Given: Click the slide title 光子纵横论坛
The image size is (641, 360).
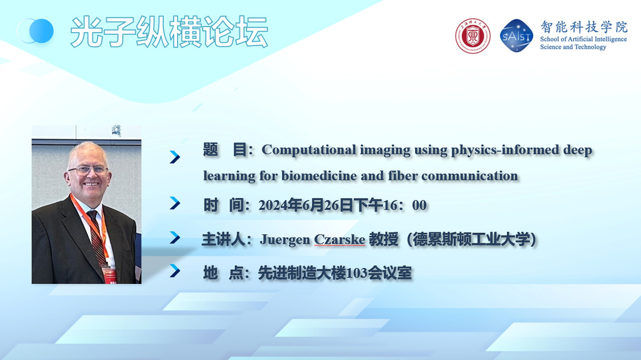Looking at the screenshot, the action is (x=169, y=32).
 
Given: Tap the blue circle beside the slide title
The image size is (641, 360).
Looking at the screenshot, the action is (x=41, y=31).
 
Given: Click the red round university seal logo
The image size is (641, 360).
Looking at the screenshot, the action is (x=473, y=36).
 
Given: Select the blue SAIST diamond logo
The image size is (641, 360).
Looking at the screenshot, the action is (x=517, y=35).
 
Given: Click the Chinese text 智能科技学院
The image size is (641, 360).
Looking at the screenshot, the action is (x=584, y=27).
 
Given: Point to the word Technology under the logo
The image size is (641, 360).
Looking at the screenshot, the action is (x=590, y=47).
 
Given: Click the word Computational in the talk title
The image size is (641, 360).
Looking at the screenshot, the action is (x=309, y=150).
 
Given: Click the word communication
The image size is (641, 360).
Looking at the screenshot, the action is (x=470, y=176).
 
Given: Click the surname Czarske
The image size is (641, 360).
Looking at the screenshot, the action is (x=339, y=239).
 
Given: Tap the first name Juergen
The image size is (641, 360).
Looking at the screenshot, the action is (x=285, y=240).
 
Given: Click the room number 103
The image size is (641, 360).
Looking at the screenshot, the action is (x=357, y=273).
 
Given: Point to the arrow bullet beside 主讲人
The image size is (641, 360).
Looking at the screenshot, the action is (x=175, y=238).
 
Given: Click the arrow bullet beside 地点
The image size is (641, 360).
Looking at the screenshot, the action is (x=175, y=270).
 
